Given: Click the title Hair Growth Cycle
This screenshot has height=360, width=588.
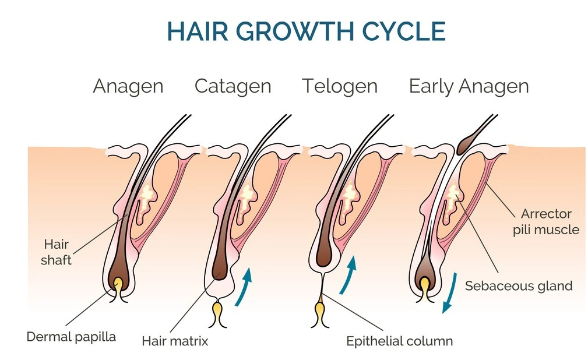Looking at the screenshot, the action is [x=306, y=31].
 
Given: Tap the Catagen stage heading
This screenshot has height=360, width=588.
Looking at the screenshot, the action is [x=233, y=87].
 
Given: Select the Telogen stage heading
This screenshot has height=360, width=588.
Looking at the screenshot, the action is [x=340, y=87].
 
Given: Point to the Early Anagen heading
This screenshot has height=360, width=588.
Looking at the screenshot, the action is [x=469, y=87].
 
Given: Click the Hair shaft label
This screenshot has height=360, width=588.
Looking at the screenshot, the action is [x=57, y=252].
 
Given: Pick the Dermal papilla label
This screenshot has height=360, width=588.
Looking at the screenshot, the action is [x=71, y=337].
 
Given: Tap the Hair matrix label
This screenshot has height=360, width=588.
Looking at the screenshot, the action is [x=175, y=341].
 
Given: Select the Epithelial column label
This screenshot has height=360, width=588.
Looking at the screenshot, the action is [x=399, y=341].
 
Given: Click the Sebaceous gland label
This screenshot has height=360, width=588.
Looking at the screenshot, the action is [x=519, y=286].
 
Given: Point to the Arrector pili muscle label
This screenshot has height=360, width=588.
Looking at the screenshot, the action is [x=546, y=221].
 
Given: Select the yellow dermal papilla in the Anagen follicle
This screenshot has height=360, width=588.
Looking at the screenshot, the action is [x=118, y=286].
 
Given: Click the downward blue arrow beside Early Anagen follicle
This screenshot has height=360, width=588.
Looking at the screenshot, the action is [x=450, y=293].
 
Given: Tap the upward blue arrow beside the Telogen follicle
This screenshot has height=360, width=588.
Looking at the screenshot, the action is [x=348, y=276].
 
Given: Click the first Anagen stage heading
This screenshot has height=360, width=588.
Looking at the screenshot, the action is [x=128, y=87].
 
